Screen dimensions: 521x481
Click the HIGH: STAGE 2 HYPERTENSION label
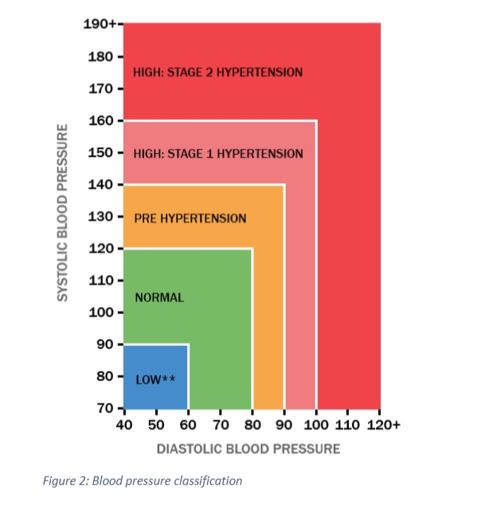(x=218, y=72)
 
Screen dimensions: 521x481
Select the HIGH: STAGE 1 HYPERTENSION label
(x=218, y=153)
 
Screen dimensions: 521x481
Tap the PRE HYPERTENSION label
(x=190, y=218)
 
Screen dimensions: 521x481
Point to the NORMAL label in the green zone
(x=159, y=297)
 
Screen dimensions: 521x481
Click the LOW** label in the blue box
(x=155, y=379)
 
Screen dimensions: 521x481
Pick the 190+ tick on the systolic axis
(x=100, y=24)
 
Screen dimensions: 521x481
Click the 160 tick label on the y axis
(x=102, y=121)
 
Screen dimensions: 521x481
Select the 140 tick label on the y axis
(x=102, y=185)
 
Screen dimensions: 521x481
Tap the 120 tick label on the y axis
(x=102, y=249)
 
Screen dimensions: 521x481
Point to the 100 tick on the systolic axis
(x=102, y=313)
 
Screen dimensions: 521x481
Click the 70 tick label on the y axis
(x=105, y=409)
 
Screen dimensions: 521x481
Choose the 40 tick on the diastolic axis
(x=123, y=425)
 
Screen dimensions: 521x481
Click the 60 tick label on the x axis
(x=188, y=425)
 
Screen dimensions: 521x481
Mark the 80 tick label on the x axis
(x=252, y=425)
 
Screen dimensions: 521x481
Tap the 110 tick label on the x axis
(x=347, y=425)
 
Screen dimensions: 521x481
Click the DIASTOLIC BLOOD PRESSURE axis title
(x=248, y=449)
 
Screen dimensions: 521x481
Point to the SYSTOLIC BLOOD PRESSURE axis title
(x=61, y=212)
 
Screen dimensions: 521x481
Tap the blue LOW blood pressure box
(x=155, y=366)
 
